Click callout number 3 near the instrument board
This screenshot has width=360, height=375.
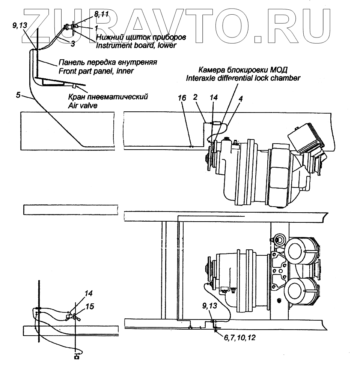pos(72,44)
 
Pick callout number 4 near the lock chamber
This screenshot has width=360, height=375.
pos(241,99)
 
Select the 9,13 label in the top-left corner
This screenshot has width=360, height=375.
pos(20,26)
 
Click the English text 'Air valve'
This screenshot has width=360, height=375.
pos(83,106)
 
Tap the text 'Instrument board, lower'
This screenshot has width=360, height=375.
pos(136,45)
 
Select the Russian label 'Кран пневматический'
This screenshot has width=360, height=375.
pos(108,97)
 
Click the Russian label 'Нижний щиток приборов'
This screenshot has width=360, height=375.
pos(141,37)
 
